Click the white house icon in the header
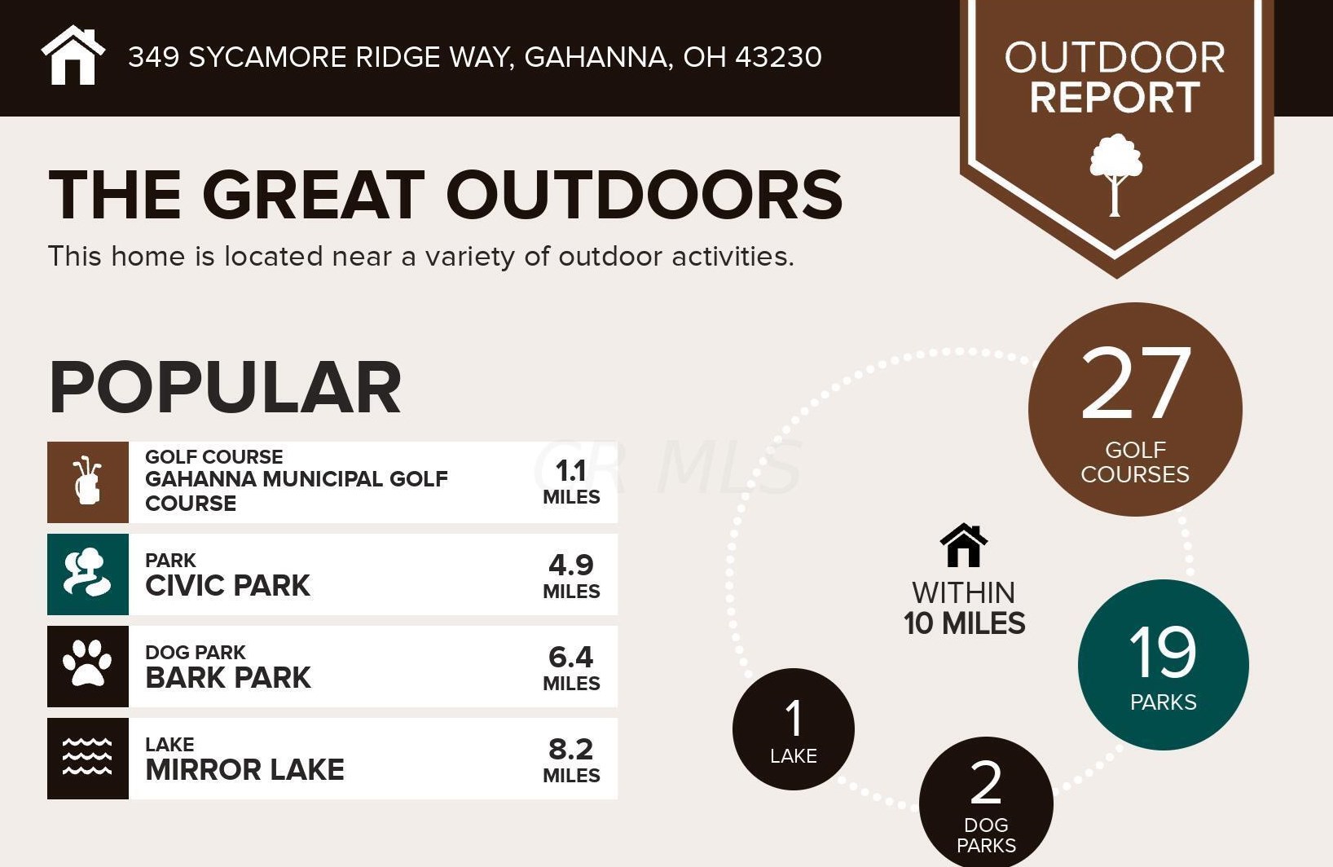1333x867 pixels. [73, 55]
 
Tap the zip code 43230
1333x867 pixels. [778, 57]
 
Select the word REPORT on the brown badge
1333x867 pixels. [1115, 98]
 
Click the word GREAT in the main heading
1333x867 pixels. [314, 195]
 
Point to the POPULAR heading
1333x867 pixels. [225, 387]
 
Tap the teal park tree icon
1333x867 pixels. [87, 574]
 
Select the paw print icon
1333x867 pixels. [87, 665]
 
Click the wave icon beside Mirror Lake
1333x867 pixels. [87, 757]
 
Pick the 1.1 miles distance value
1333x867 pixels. [570, 472]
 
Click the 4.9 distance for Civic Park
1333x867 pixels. [570, 565]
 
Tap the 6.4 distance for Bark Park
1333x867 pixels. [570, 657]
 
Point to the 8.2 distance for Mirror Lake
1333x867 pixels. [570, 749]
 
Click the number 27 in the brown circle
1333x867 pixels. [1136, 383]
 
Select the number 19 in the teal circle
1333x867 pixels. [1162, 652]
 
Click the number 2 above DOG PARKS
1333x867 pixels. [986, 782]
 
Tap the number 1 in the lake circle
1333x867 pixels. [794, 719]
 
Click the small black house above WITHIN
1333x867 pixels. [964, 545]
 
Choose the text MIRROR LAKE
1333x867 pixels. [244, 769]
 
